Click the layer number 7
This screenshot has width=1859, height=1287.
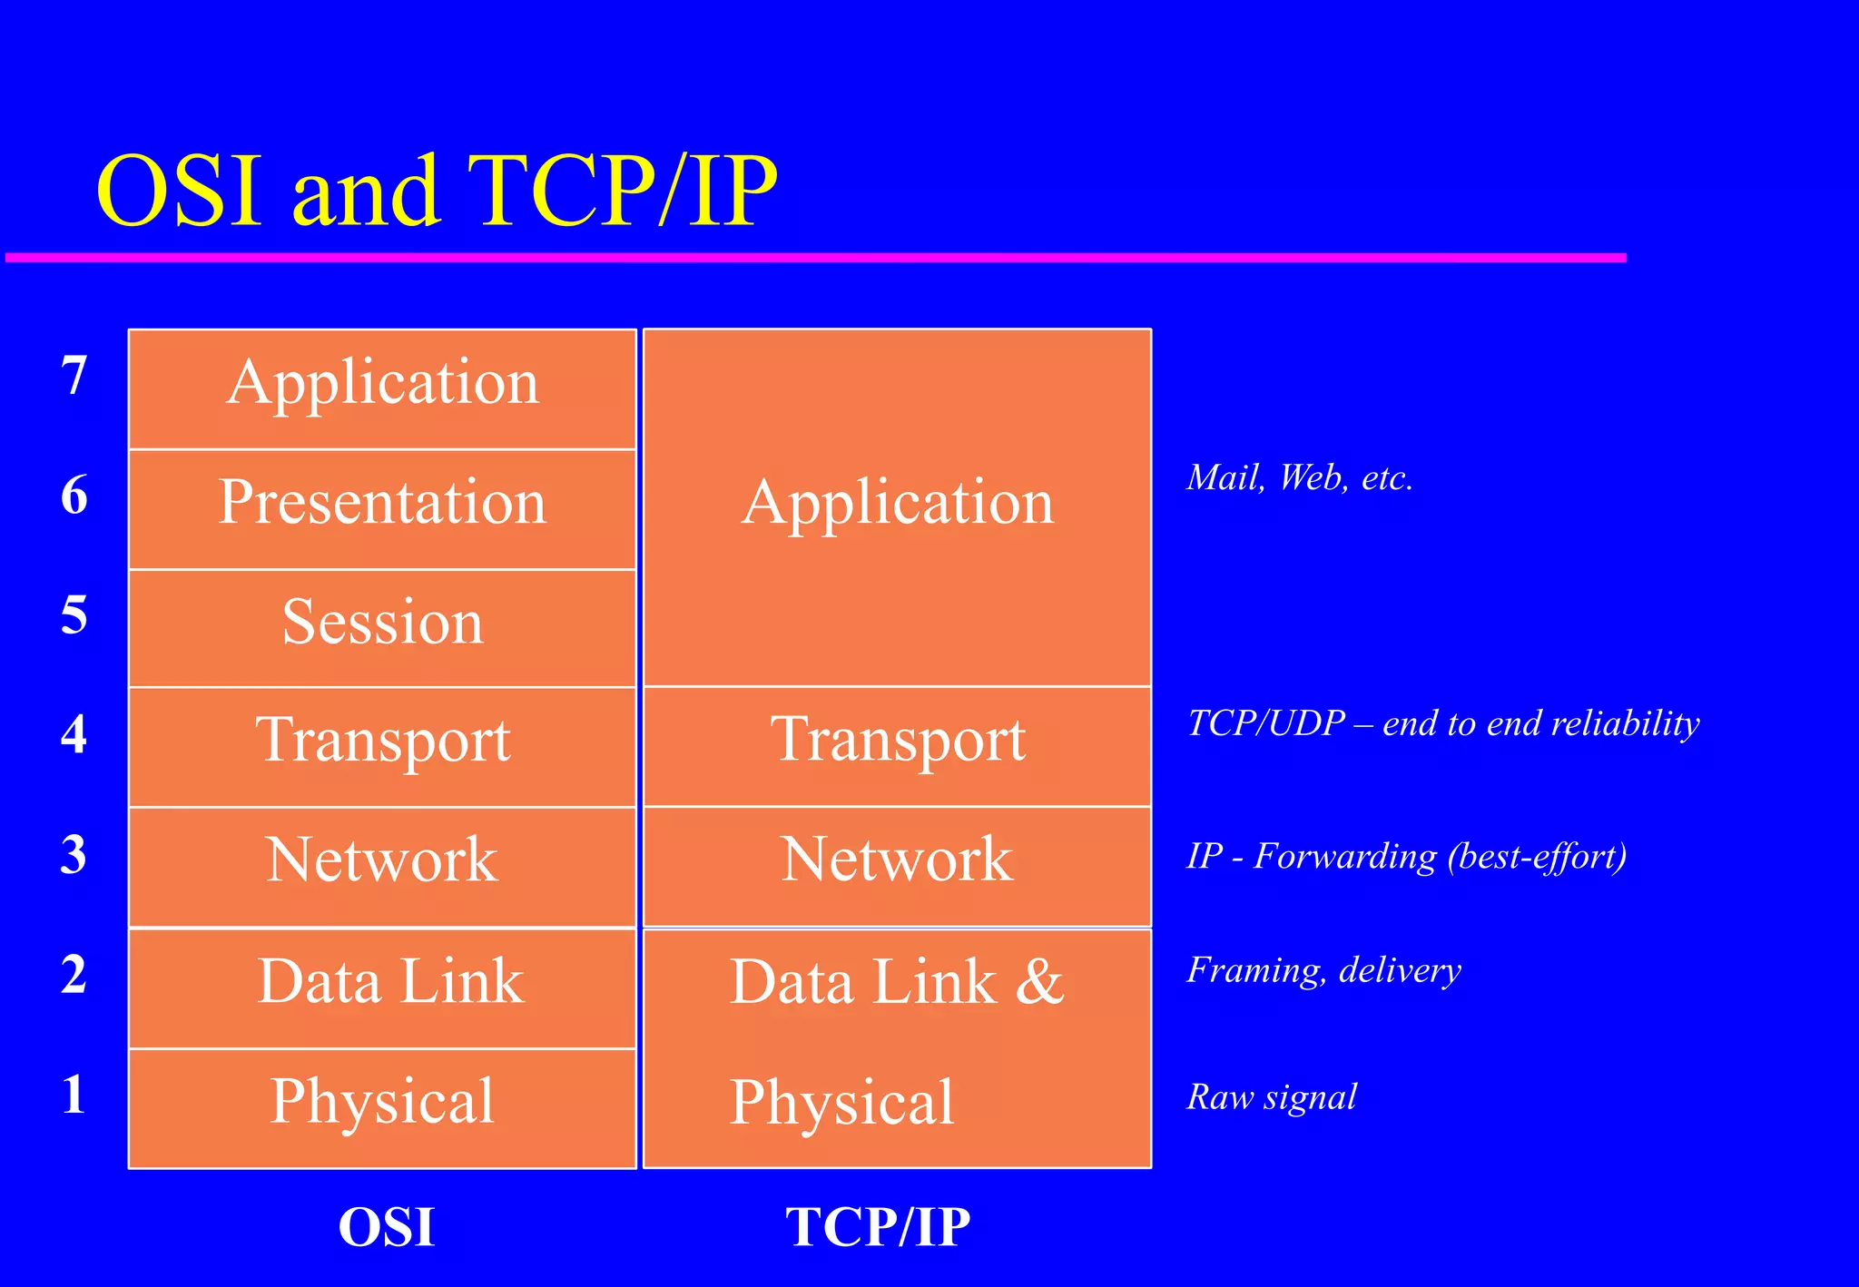pyautogui.click(x=74, y=375)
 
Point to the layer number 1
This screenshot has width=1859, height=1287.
pyautogui.click(x=74, y=1094)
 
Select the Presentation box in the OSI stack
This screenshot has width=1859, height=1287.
pyautogui.click(x=382, y=508)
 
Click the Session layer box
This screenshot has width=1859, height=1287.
pyautogui.click(x=382, y=627)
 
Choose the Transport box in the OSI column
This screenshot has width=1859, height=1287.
pyautogui.click(x=382, y=746)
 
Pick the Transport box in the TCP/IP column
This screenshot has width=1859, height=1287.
pyautogui.click(x=897, y=745)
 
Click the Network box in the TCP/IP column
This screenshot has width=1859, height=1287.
pyautogui.click(x=897, y=866)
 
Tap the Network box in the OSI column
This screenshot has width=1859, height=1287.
pyautogui.click(x=382, y=866)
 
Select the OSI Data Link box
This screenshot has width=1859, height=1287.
pyautogui.click(x=382, y=987)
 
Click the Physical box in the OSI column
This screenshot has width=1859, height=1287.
pyautogui.click(x=382, y=1107)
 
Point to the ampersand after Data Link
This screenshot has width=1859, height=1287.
pyautogui.click(x=1039, y=982)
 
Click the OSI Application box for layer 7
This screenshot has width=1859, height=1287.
pyautogui.click(x=382, y=388)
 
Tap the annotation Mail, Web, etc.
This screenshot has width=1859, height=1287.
pyautogui.click(x=1299, y=477)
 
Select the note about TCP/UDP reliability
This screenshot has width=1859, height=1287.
pyautogui.click(x=1442, y=723)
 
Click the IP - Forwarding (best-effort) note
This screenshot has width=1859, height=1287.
pyautogui.click(x=1406, y=856)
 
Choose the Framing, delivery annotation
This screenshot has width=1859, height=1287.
pyautogui.click(x=1323, y=970)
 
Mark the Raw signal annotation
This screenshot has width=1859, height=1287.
pyautogui.click(x=1271, y=1096)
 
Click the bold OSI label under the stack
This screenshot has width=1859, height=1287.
pyautogui.click(x=387, y=1226)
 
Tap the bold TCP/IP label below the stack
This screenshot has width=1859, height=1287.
pyautogui.click(x=878, y=1226)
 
